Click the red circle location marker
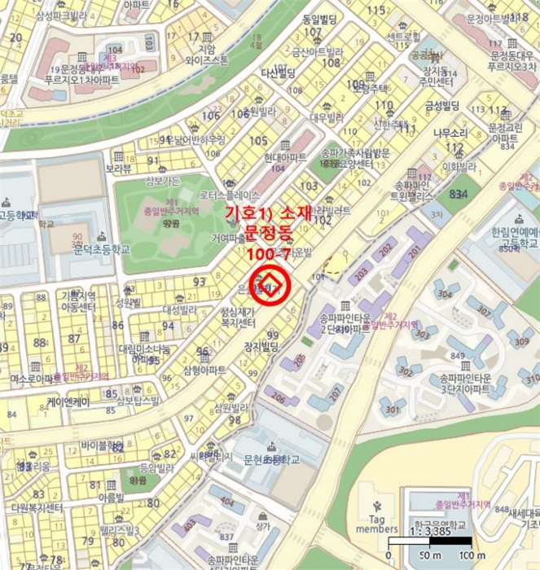(270, 286)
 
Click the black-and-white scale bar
(429, 541)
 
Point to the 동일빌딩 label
(319, 19)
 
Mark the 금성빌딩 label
(441, 105)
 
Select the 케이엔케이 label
(68, 401)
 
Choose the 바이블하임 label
(102, 446)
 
